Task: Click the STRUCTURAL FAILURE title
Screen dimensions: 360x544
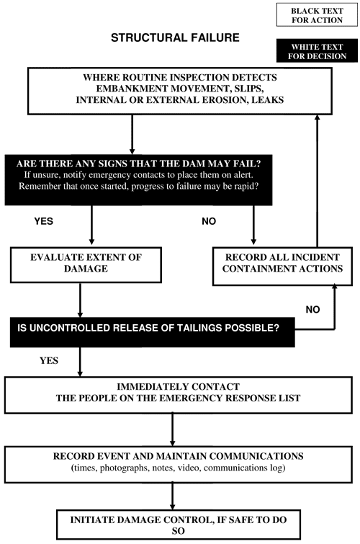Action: (x=175, y=37)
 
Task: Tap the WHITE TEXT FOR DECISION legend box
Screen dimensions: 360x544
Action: (x=317, y=50)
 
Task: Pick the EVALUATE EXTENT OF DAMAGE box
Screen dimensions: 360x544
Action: (x=86, y=264)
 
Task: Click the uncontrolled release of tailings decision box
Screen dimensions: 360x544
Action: (x=152, y=332)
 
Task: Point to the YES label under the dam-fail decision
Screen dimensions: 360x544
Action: (x=44, y=221)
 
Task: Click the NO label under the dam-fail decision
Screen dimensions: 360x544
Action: (x=209, y=221)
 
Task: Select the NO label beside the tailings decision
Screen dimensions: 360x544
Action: (x=312, y=310)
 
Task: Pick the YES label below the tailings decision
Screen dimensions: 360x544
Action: (x=49, y=361)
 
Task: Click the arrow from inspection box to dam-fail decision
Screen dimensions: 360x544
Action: (x=132, y=135)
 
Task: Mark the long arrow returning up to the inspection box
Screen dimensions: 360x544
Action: (x=317, y=181)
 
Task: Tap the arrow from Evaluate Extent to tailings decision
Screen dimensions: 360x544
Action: (x=80, y=300)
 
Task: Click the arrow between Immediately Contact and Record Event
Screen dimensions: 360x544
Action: (x=172, y=430)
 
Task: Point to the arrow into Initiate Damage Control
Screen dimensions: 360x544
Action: (x=172, y=496)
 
